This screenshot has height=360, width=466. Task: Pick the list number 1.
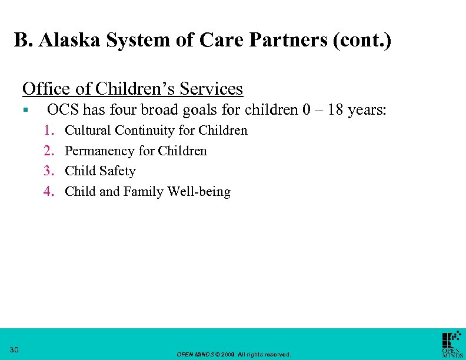pyautogui.click(x=49, y=130)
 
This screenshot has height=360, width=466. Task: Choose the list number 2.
pyautogui.click(x=49, y=151)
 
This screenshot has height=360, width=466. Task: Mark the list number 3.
pyautogui.click(x=49, y=171)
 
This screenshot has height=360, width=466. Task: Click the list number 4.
pyautogui.click(x=49, y=191)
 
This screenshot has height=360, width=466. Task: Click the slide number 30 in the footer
pyautogui.click(x=15, y=350)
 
